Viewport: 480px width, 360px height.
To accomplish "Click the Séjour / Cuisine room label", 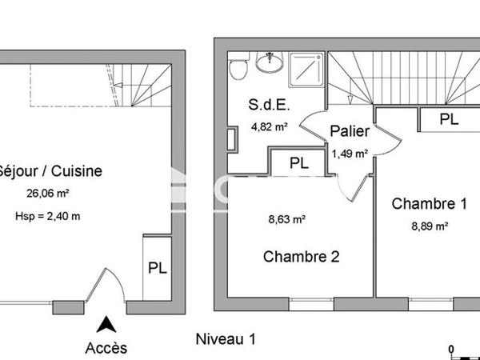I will pos(50,170).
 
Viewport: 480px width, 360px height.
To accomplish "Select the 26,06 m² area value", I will pos(49,194).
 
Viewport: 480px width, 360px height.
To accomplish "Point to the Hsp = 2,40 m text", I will pos(47,215).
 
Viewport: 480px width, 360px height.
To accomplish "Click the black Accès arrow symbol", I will pos(105,325).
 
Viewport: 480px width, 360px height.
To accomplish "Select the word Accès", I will pos(106,348).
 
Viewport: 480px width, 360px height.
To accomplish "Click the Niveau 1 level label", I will pos(226,339).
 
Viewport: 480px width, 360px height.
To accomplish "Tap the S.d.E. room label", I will pos(270,104).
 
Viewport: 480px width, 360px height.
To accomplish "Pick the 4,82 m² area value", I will pos(270,126).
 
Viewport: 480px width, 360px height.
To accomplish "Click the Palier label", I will pos(349,133).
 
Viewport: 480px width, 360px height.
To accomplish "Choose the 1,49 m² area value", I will pos(350,154).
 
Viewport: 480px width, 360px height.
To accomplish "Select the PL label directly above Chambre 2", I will pos(298,162).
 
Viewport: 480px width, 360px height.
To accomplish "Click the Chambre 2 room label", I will pos(302,257).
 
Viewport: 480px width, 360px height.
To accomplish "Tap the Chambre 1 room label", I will pos(428,204).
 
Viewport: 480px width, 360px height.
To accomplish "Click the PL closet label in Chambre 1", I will pos(450,119).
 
